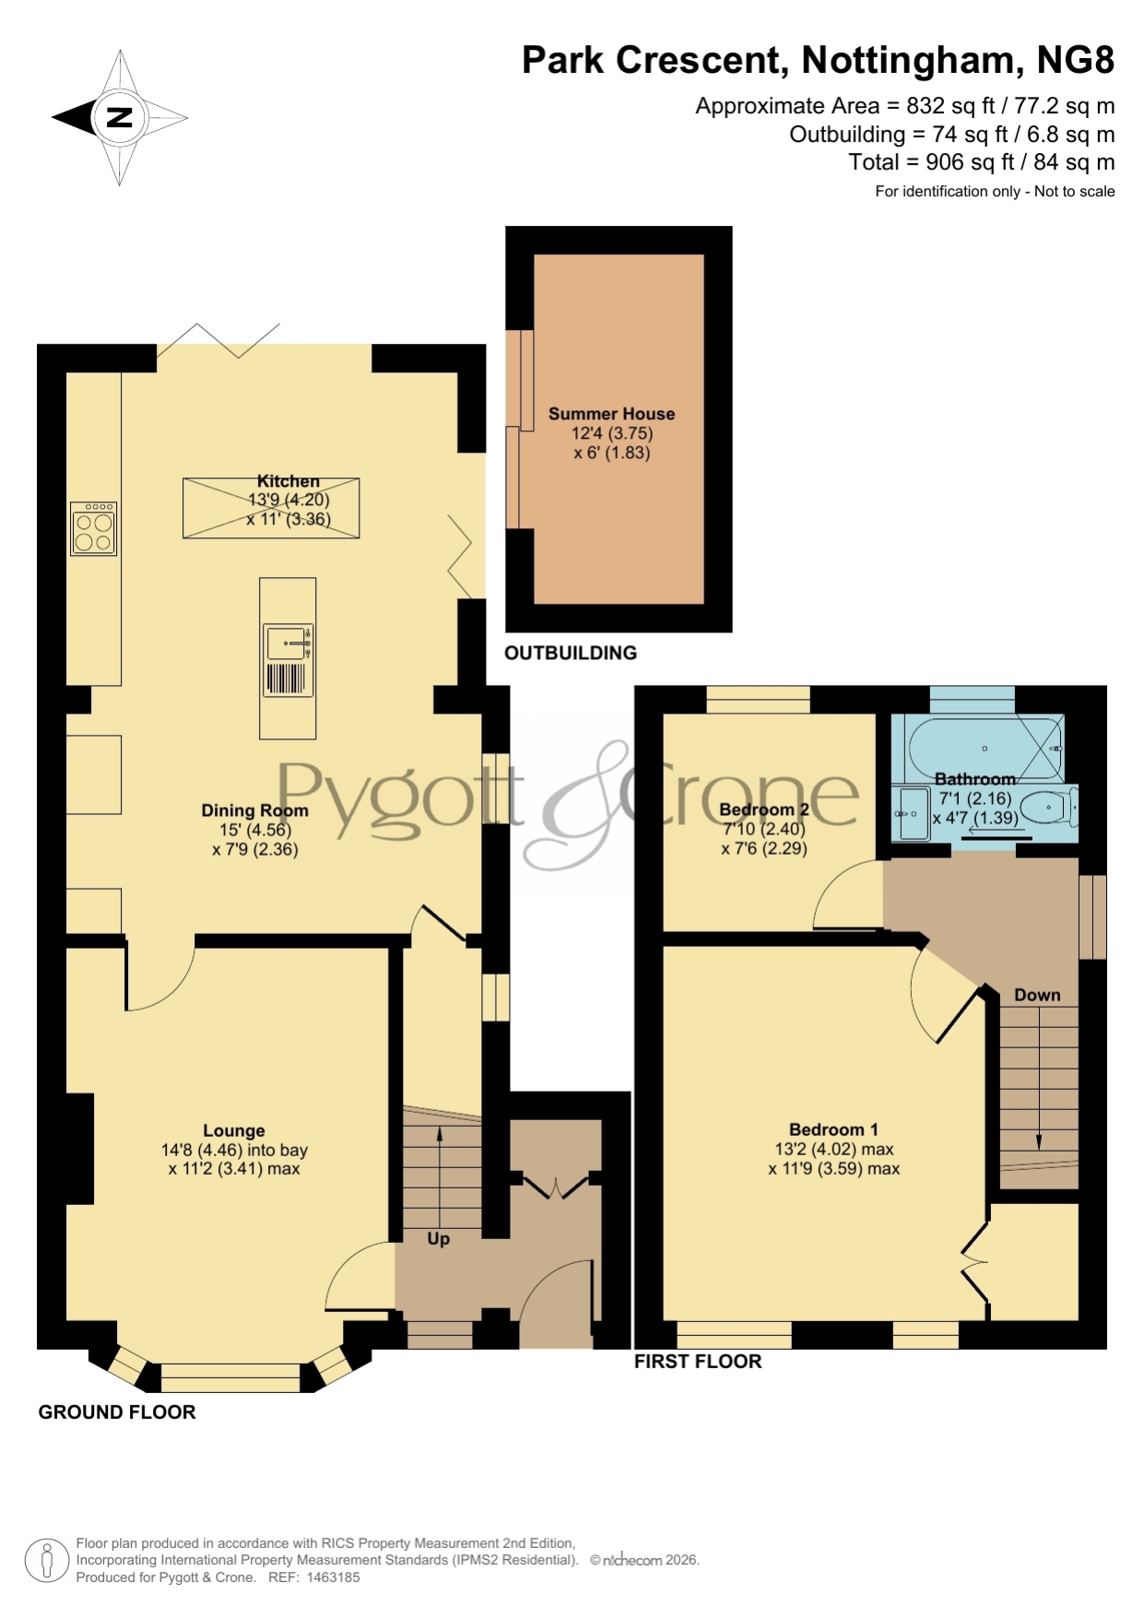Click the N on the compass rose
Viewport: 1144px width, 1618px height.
pyautogui.click(x=120, y=117)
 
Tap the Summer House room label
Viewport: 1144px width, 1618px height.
pyautogui.click(x=611, y=414)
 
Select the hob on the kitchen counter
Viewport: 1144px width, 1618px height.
pyautogui.click(x=94, y=528)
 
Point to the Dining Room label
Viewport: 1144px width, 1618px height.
pyautogui.click(x=254, y=810)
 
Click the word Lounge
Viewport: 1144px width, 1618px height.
pyautogui.click(x=234, y=1130)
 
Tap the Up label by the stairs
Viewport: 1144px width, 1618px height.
pyautogui.click(x=439, y=1238)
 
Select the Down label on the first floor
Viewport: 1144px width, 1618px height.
pyautogui.click(x=1037, y=995)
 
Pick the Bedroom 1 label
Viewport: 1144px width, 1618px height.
pyautogui.click(x=833, y=1129)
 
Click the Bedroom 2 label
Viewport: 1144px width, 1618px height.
pyautogui.click(x=764, y=809)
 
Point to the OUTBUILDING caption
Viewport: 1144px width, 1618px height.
pyautogui.click(x=571, y=653)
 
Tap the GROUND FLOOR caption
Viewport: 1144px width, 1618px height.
pyautogui.click(x=117, y=1412)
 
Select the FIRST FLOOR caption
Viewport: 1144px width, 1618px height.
pyautogui.click(x=698, y=1362)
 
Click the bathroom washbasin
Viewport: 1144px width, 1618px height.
pyautogui.click(x=913, y=814)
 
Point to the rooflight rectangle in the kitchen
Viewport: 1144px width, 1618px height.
pyautogui.click(x=271, y=508)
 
